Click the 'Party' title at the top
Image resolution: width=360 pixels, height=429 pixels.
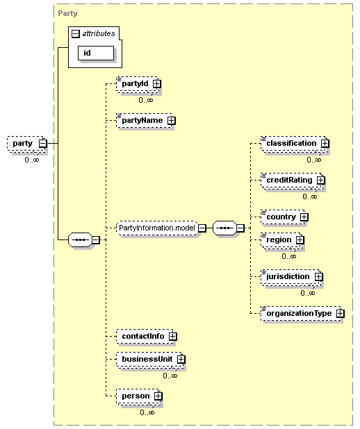(x=67, y=13)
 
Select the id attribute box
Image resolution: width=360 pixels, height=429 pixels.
(x=96, y=53)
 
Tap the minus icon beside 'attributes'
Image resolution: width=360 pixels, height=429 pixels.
(x=75, y=33)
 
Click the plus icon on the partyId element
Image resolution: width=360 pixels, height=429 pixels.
(x=156, y=83)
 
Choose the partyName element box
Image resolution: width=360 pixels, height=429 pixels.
(x=145, y=120)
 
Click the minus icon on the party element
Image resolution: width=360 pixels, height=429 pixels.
(x=42, y=143)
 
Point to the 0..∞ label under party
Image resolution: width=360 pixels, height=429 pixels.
(x=32, y=160)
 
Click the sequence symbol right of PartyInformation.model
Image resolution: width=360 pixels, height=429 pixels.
(x=224, y=228)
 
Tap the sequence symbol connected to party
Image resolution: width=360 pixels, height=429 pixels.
(x=80, y=240)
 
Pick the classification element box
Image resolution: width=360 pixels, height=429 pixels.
(x=295, y=144)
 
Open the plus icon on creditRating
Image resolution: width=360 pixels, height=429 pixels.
(x=320, y=180)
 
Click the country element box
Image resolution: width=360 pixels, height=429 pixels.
(x=284, y=217)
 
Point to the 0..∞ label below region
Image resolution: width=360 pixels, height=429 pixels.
(x=289, y=256)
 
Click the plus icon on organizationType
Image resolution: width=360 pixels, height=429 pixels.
(x=340, y=313)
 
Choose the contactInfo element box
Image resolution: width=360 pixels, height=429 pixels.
(x=147, y=336)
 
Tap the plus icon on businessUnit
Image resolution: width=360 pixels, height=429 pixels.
(x=181, y=359)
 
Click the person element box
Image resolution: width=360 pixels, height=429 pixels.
(x=139, y=396)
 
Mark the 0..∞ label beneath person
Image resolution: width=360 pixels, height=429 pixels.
(x=147, y=412)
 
